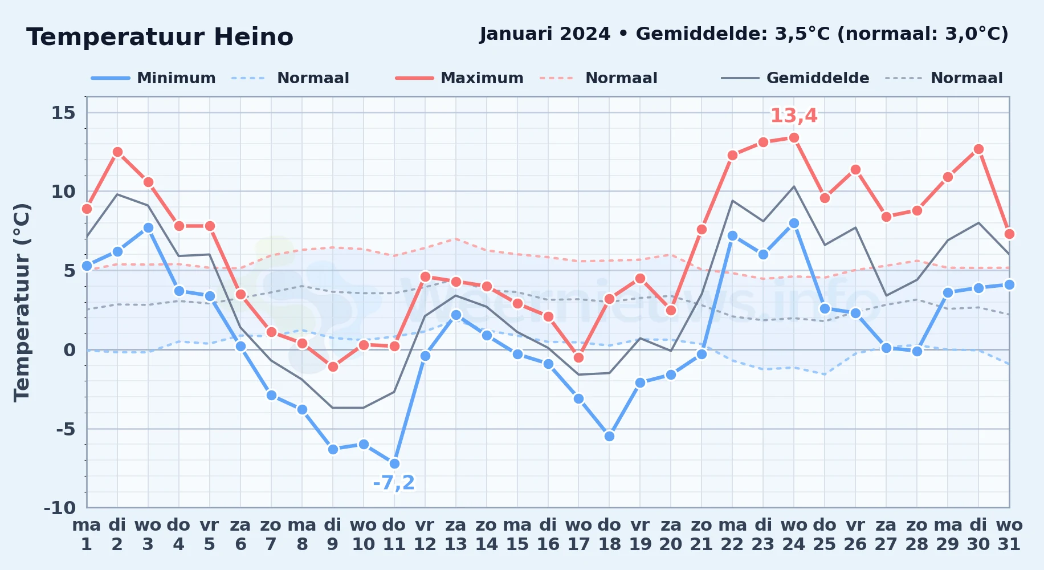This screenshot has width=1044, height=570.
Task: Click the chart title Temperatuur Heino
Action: tap(160, 37)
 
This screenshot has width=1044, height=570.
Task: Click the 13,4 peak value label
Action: tap(794, 116)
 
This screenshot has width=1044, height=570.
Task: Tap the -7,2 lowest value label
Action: tap(394, 483)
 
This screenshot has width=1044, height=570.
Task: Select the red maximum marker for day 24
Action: tap(794, 138)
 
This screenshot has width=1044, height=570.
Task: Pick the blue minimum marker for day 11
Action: tap(394, 463)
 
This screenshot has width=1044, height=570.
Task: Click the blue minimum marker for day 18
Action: tap(609, 436)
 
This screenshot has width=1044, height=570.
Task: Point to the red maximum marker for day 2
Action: tap(117, 152)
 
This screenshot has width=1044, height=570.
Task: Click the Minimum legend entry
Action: tap(153, 78)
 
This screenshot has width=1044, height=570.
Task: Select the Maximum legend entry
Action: tap(459, 78)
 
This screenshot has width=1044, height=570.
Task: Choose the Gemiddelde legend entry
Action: tap(795, 78)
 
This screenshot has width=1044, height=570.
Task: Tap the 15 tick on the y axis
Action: tap(63, 113)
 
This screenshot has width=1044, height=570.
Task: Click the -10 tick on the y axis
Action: tap(60, 507)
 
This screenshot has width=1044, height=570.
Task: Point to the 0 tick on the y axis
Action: tap(70, 349)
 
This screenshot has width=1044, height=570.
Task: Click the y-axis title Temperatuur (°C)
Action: tap(22, 302)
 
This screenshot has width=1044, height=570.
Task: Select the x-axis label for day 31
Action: tap(1009, 535)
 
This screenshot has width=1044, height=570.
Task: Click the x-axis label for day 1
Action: tap(87, 535)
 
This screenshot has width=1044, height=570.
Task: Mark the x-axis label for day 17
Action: tap(578, 535)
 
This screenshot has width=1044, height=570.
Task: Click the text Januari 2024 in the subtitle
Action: tap(545, 34)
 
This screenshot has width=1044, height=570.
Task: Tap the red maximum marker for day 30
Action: tap(978, 149)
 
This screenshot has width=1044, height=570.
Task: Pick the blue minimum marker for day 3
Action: tap(148, 228)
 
